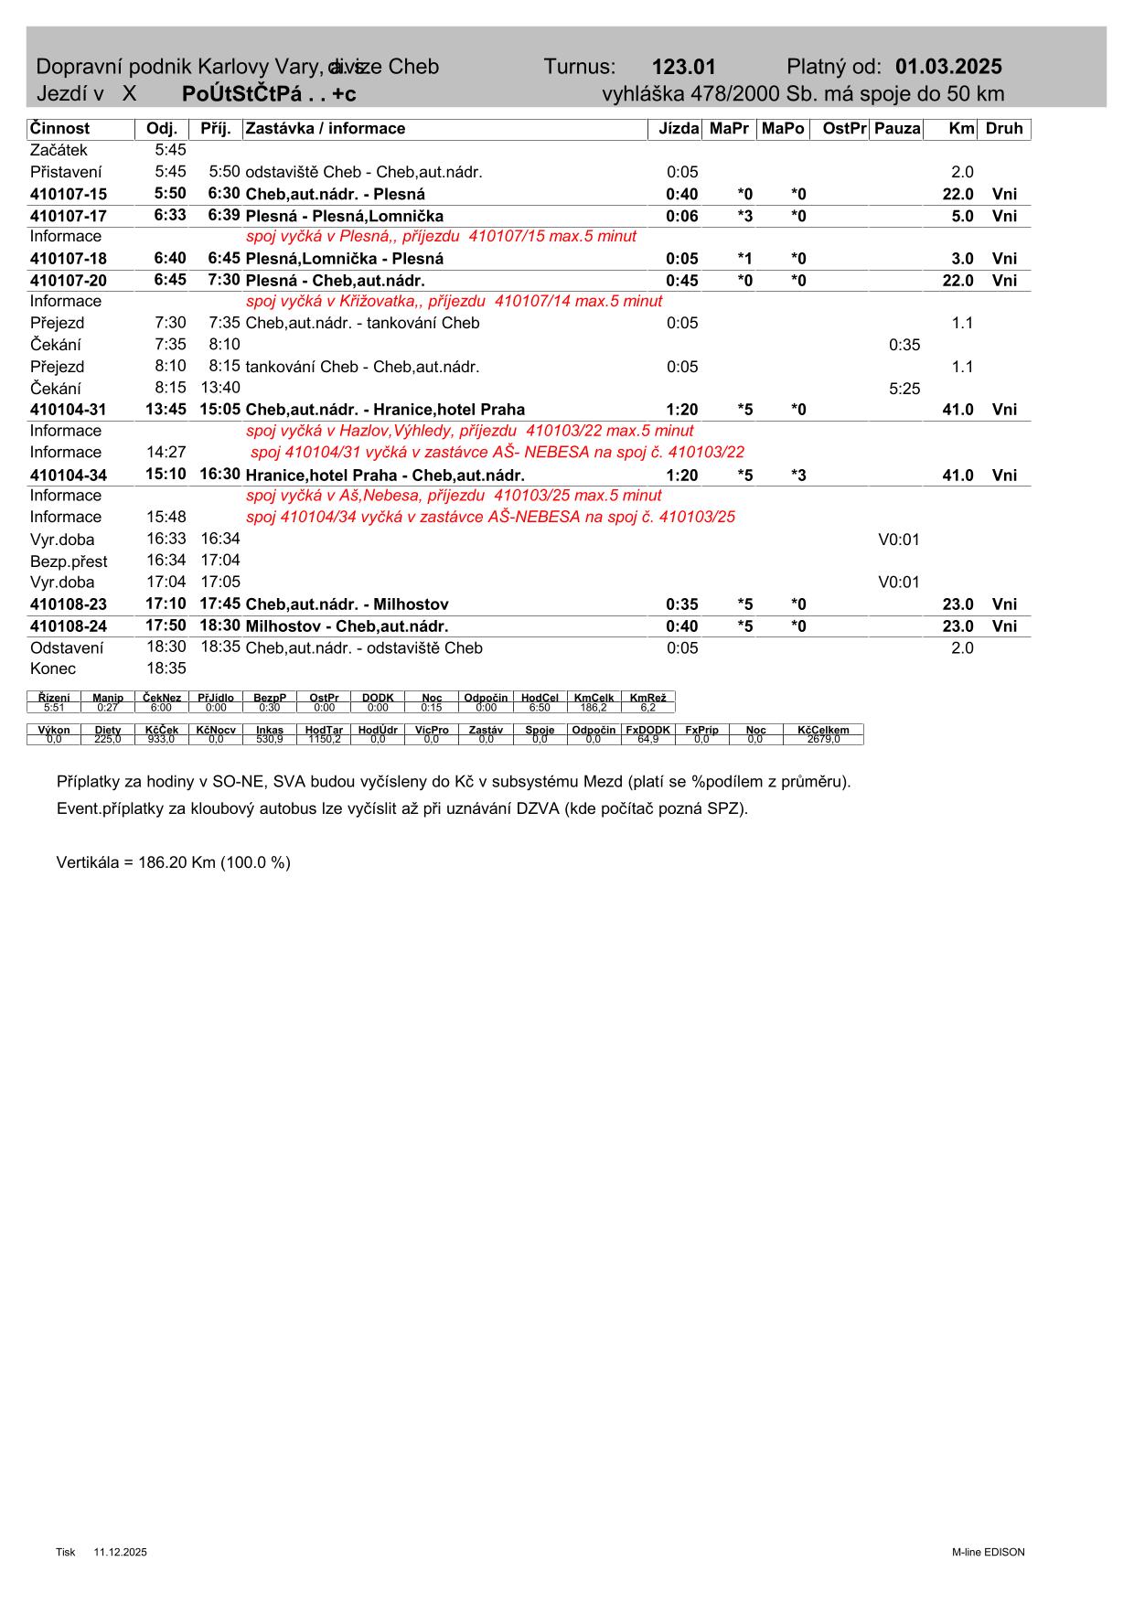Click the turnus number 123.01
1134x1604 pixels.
click(x=683, y=67)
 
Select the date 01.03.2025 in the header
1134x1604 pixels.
click(x=948, y=67)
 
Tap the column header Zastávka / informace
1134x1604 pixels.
click(x=326, y=129)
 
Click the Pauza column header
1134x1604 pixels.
click(x=896, y=129)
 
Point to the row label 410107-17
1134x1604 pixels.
click(x=69, y=217)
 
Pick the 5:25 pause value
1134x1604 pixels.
click(x=904, y=389)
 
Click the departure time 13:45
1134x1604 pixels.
click(x=166, y=409)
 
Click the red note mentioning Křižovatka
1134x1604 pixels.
click(x=454, y=301)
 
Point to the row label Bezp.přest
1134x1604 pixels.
click(x=69, y=561)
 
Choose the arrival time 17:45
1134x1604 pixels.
click(x=219, y=604)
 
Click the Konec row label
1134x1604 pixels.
click(x=53, y=668)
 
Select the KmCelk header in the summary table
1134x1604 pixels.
click(x=594, y=698)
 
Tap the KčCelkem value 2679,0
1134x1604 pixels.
click(x=823, y=739)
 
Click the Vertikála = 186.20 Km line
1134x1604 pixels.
click(x=174, y=862)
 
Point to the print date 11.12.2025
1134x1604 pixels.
click(x=120, y=1552)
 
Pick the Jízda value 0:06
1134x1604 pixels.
click(x=681, y=217)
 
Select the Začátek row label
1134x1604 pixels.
click(x=59, y=150)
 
